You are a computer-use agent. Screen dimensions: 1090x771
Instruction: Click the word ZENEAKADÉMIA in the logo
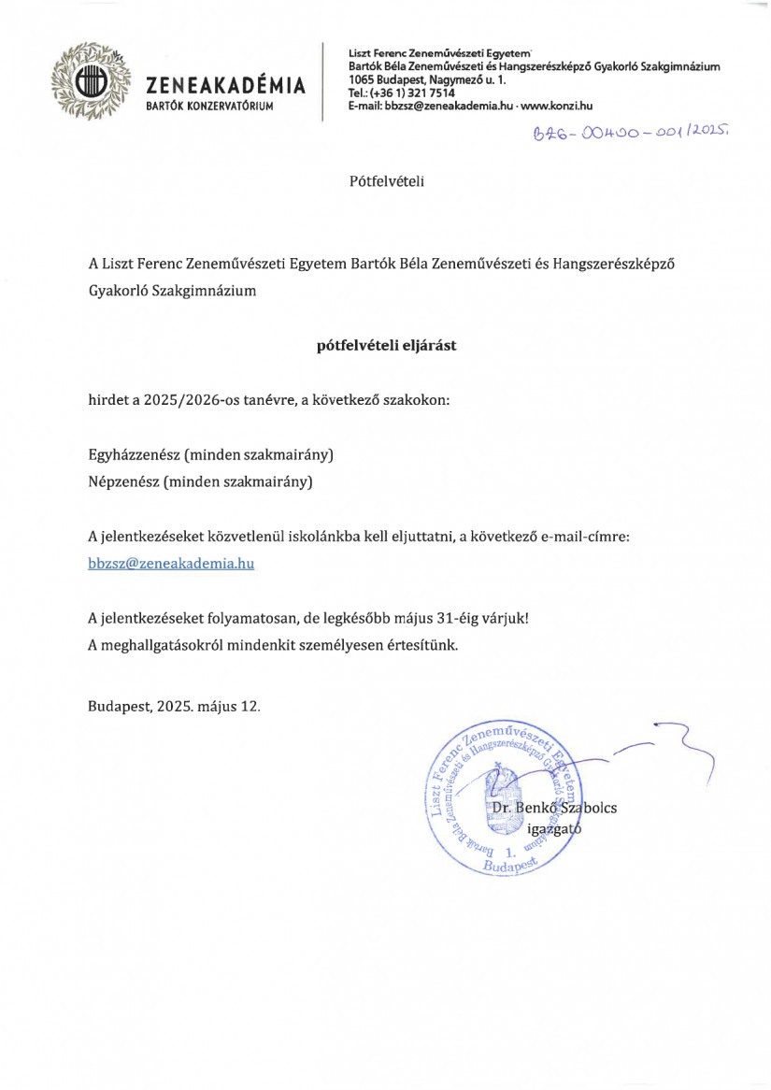(x=226, y=87)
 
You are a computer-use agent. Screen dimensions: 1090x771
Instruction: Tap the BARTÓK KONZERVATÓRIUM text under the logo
(x=209, y=108)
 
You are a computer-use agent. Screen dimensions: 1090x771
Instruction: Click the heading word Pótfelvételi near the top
(x=386, y=180)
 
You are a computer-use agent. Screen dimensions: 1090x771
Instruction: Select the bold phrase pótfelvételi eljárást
(x=386, y=345)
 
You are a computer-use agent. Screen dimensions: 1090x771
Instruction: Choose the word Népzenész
(x=124, y=482)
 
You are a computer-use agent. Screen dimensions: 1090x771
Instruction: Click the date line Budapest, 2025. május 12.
(x=175, y=706)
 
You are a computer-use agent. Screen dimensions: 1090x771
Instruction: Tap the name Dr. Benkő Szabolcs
(x=554, y=808)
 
